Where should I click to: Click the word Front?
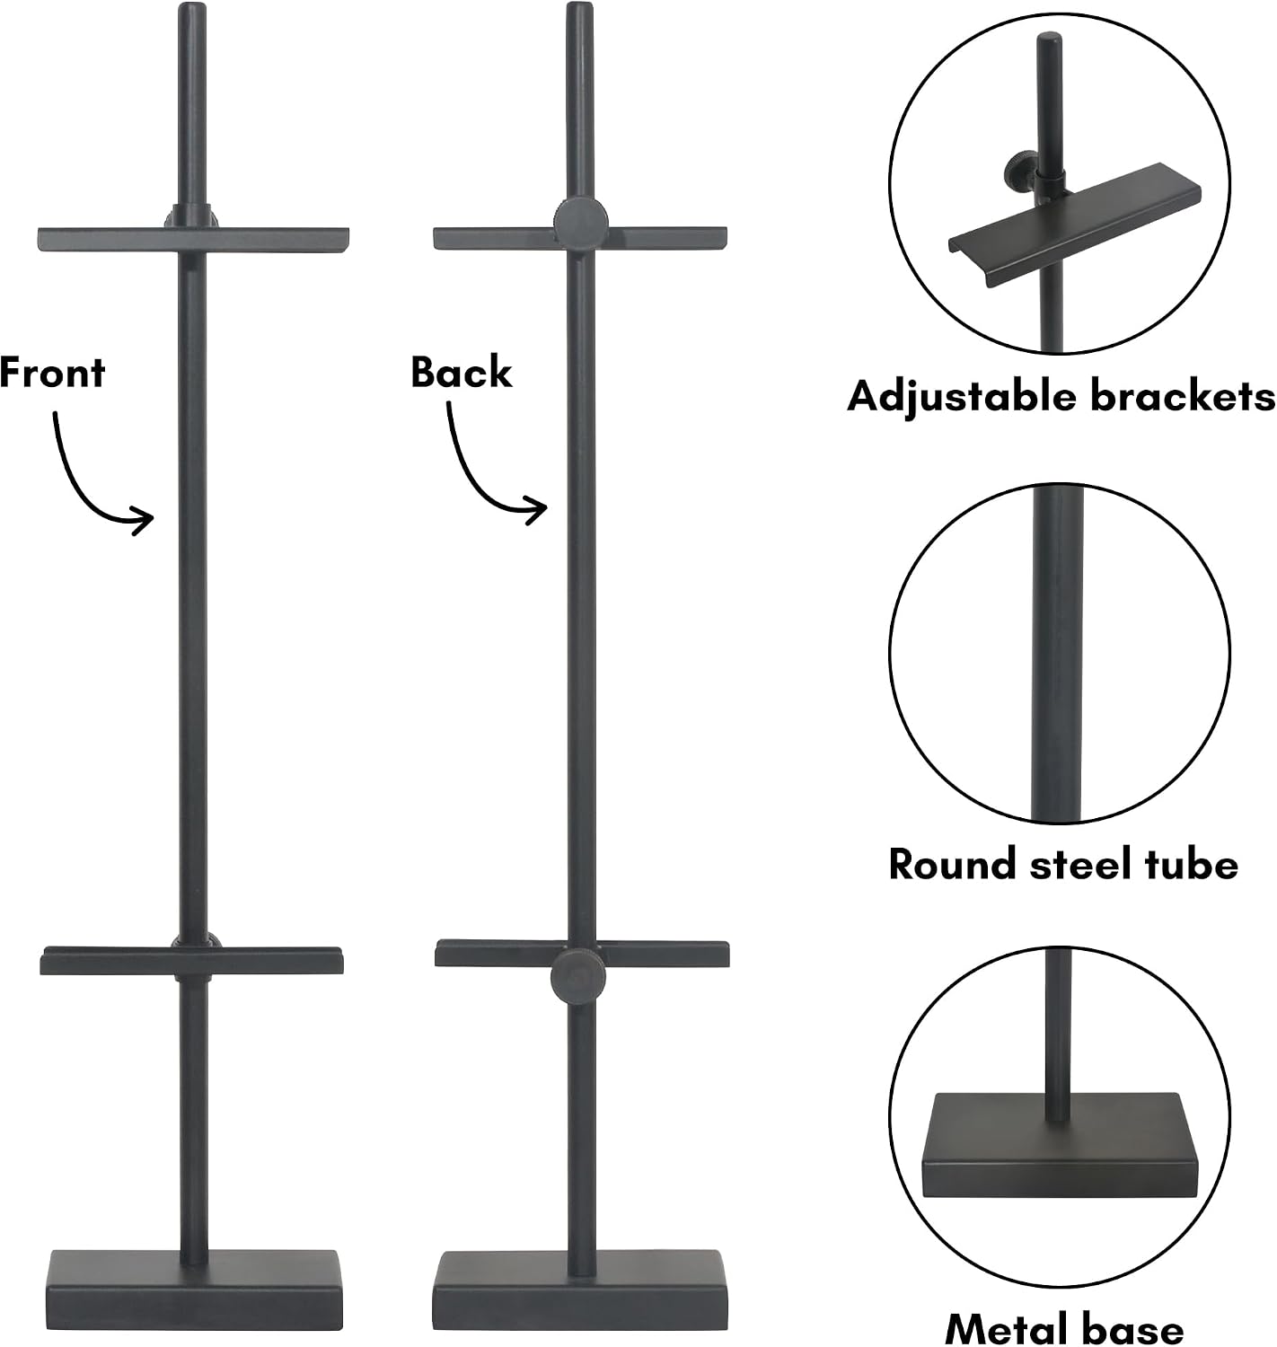pyautogui.click(x=52, y=373)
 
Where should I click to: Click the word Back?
pyautogui.click(x=462, y=373)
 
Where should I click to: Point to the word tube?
pyautogui.click(x=1192, y=864)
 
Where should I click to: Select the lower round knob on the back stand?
pyautogui.click(x=578, y=976)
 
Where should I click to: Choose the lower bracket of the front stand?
pyautogui.click(x=192, y=961)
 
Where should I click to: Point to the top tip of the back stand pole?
pyautogui.click(x=580, y=4)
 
